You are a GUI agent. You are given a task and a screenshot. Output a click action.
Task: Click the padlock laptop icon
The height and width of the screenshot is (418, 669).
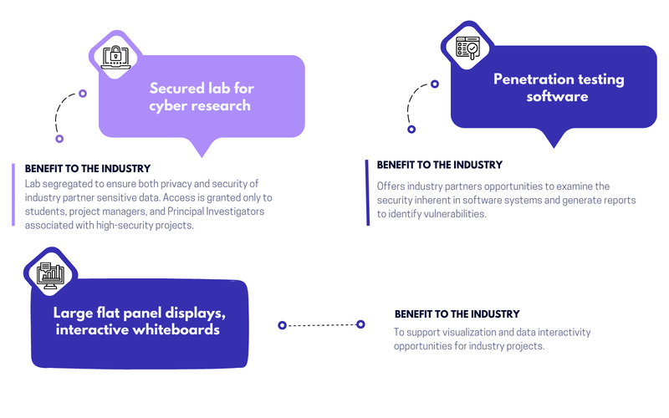pos(115,55)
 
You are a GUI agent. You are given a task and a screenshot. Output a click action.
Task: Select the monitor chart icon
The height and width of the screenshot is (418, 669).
pos(50,273)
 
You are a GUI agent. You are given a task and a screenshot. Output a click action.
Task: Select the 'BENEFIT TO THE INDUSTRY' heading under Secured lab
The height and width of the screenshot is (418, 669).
pos(88,168)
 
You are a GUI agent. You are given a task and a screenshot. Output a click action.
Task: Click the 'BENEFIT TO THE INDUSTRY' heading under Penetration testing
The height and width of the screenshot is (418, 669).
pos(439,165)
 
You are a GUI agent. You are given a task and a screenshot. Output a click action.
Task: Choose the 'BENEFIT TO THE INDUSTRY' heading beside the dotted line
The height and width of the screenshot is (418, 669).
pos(457,314)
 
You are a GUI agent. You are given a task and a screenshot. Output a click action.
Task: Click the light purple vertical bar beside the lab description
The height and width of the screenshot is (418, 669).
pos(14,194)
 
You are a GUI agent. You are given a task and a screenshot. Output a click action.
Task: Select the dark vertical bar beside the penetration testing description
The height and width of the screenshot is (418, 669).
pos(367,191)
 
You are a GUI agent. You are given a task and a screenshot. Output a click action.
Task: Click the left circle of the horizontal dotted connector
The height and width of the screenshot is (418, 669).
pos(282,324)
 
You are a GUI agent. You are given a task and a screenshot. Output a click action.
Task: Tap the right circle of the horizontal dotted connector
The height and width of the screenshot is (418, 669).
pos(360,324)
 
